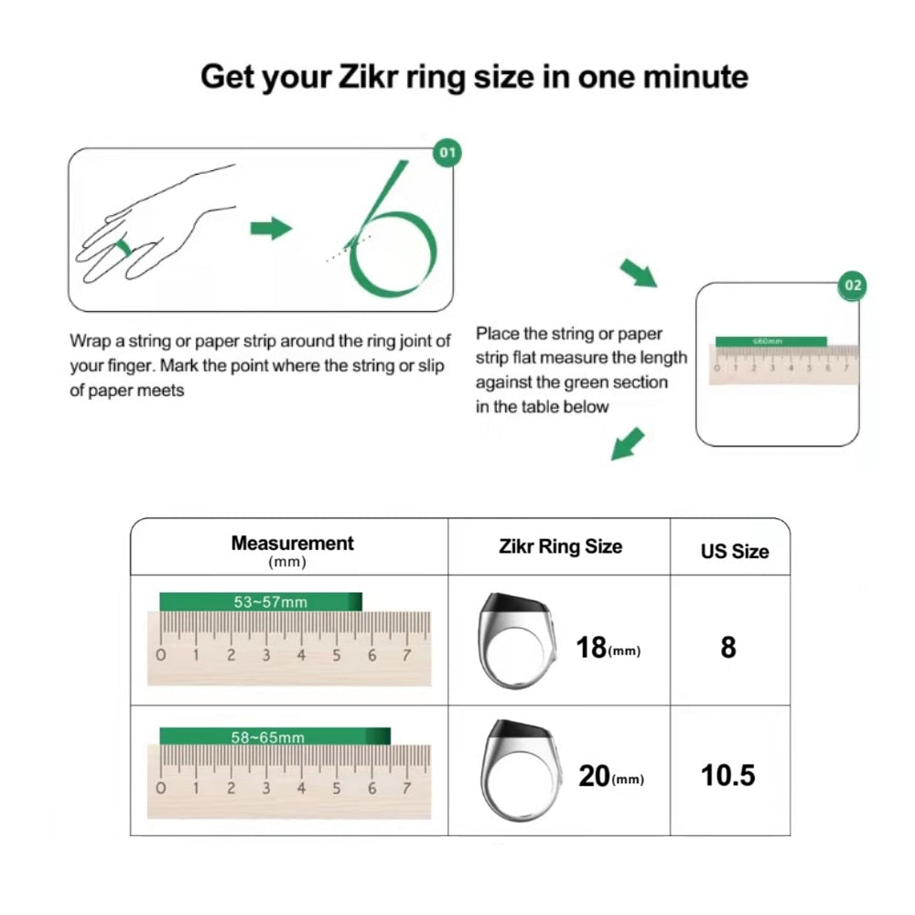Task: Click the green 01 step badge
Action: pyautogui.click(x=446, y=152)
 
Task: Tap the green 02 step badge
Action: pyautogui.click(x=852, y=285)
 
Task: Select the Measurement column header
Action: pyautogui.click(x=292, y=544)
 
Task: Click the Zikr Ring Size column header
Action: pyautogui.click(x=560, y=546)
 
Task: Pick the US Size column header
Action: pyautogui.click(x=734, y=551)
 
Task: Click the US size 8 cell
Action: pyautogui.click(x=728, y=647)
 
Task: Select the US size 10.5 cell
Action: pyautogui.click(x=728, y=776)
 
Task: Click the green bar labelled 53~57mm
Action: pyautogui.click(x=261, y=602)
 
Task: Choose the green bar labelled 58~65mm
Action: pyautogui.click(x=274, y=737)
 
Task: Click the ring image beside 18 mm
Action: pyautogui.click(x=516, y=640)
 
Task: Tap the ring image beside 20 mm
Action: pyautogui.click(x=520, y=770)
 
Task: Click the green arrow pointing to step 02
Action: pyautogui.click(x=638, y=272)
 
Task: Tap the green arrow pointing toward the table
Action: pyautogui.click(x=628, y=444)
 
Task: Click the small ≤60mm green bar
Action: pyautogui.click(x=771, y=340)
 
